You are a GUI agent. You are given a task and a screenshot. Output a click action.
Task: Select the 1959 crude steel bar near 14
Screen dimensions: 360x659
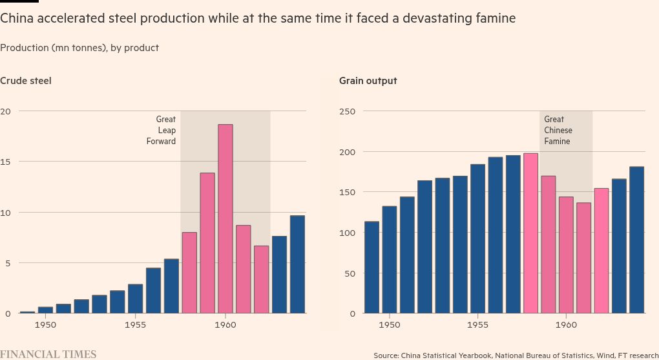pyautogui.click(x=207, y=243)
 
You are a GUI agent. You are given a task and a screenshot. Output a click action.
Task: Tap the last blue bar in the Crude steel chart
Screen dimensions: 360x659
pyautogui.click(x=297, y=264)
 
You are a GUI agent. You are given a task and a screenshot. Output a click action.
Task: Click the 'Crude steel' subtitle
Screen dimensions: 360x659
pyautogui.click(x=26, y=81)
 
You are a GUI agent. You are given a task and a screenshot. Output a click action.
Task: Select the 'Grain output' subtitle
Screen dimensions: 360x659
pyautogui.click(x=368, y=81)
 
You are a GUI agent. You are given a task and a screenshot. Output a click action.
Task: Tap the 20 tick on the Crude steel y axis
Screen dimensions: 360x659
pyautogui.click(x=6, y=111)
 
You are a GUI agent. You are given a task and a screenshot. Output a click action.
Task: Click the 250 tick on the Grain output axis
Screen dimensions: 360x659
pyautogui.click(x=348, y=111)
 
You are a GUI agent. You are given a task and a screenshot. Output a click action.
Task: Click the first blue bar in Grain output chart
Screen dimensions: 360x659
pyautogui.click(x=371, y=268)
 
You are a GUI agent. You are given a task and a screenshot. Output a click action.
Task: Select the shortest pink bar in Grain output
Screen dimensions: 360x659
pyautogui.click(x=584, y=258)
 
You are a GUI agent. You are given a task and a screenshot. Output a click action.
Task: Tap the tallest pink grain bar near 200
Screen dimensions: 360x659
pyautogui.click(x=530, y=233)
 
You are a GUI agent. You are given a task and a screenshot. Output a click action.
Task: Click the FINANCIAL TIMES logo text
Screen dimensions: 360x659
pyautogui.click(x=48, y=354)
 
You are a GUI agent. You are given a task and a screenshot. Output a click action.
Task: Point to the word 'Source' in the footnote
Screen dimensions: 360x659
pyautogui.click(x=386, y=355)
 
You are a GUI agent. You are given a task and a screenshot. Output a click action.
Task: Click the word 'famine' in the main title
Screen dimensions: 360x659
pyautogui.click(x=496, y=19)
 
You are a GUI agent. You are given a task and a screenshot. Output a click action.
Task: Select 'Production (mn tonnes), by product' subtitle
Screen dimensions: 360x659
pyautogui.click(x=79, y=48)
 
